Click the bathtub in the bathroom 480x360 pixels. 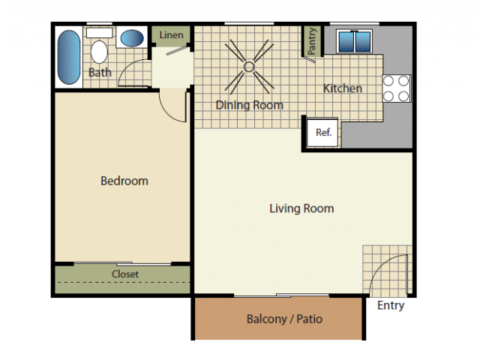pyautogui.click(x=68, y=57)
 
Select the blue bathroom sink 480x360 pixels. pyautogui.click(x=133, y=38)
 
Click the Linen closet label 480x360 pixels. pyautogui.click(x=171, y=35)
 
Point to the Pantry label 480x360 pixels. pyautogui.click(x=312, y=42)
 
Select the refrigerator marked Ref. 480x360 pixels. pyautogui.click(x=323, y=132)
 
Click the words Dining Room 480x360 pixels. pyautogui.click(x=250, y=105)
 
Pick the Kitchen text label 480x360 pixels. pyautogui.click(x=343, y=88)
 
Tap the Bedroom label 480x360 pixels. pyautogui.click(x=124, y=181)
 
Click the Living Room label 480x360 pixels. pyautogui.click(x=301, y=208)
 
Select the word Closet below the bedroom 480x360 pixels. pyautogui.click(x=125, y=274)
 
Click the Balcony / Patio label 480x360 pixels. pyautogui.click(x=284, y=319)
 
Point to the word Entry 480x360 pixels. pyautogui.click(x=391, y=305)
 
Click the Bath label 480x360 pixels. pyautogui.click(x=100, y=73)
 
